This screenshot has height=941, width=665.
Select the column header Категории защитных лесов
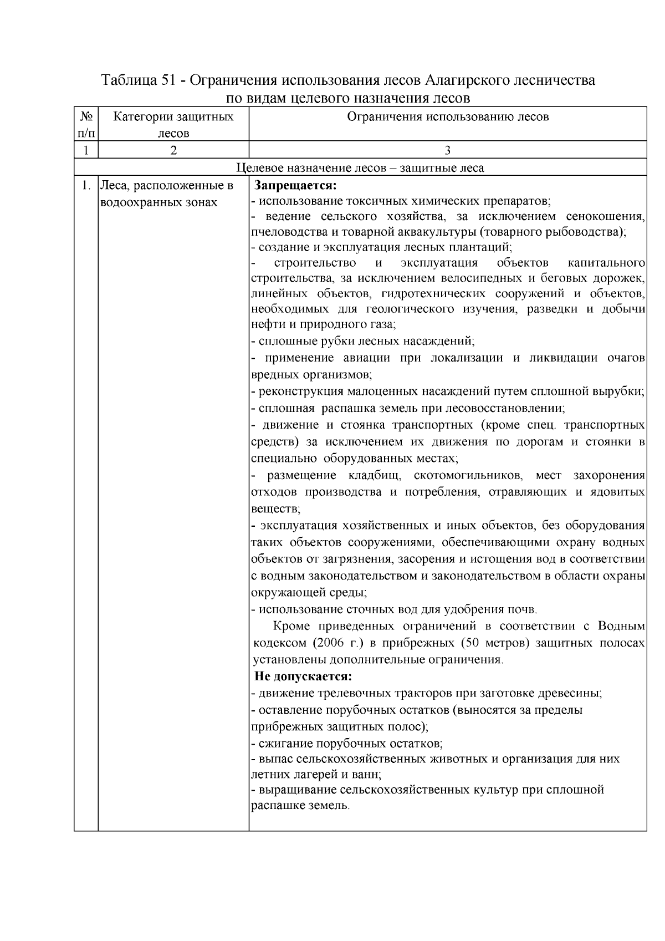pos(173,125)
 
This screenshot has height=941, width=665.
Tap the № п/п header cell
pos(86,125)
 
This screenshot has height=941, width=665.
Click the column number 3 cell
pos(447,150)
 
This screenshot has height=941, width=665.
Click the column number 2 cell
pos(173,150)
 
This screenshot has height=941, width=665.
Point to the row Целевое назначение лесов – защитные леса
pos(360,167)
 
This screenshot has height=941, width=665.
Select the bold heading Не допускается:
pos(303,676)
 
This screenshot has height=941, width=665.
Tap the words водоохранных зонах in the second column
pos(158,202)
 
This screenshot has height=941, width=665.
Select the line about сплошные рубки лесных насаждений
pos(363,341)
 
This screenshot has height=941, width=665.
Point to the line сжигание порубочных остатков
pos(347,744)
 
